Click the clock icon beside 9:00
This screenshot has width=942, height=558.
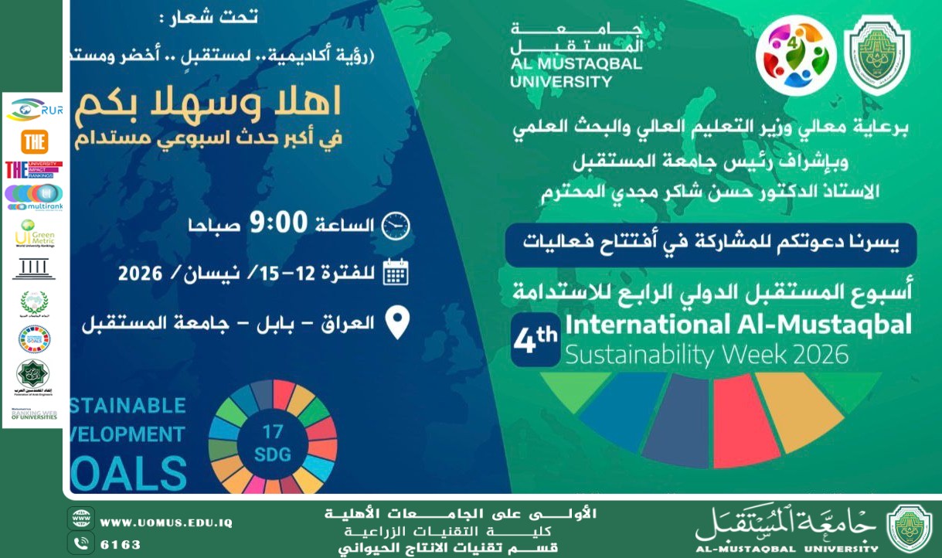point(397,225)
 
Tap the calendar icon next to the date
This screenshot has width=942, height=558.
point(396,274)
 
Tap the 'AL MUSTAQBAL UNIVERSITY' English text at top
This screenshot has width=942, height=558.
point(576,72)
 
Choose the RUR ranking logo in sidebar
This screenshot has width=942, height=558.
point(35,111)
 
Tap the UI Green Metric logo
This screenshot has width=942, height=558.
point(34,234)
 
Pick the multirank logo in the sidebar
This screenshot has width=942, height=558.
point(34,198)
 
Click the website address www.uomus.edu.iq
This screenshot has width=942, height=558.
point(166,522)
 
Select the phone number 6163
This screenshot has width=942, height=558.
point(121,544)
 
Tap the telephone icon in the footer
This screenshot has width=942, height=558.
point(80,543)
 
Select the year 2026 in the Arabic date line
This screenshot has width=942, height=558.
point(141,274)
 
